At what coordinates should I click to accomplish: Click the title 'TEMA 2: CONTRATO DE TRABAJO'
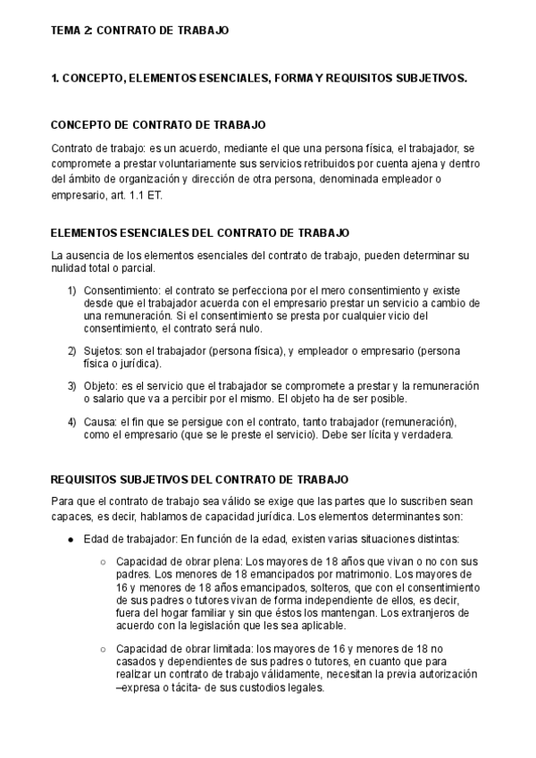coord(140,30)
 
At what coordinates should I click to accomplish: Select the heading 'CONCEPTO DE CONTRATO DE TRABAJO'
coord(158,124)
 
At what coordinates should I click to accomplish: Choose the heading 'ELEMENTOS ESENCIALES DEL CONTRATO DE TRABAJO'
coord(200,233)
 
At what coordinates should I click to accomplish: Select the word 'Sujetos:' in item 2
coord(105,350)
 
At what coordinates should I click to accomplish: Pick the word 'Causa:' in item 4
coord(102,421)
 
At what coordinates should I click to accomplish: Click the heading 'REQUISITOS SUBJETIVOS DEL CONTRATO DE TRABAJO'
coord(200,480)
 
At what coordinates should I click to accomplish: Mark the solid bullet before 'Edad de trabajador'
coord(71,539)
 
